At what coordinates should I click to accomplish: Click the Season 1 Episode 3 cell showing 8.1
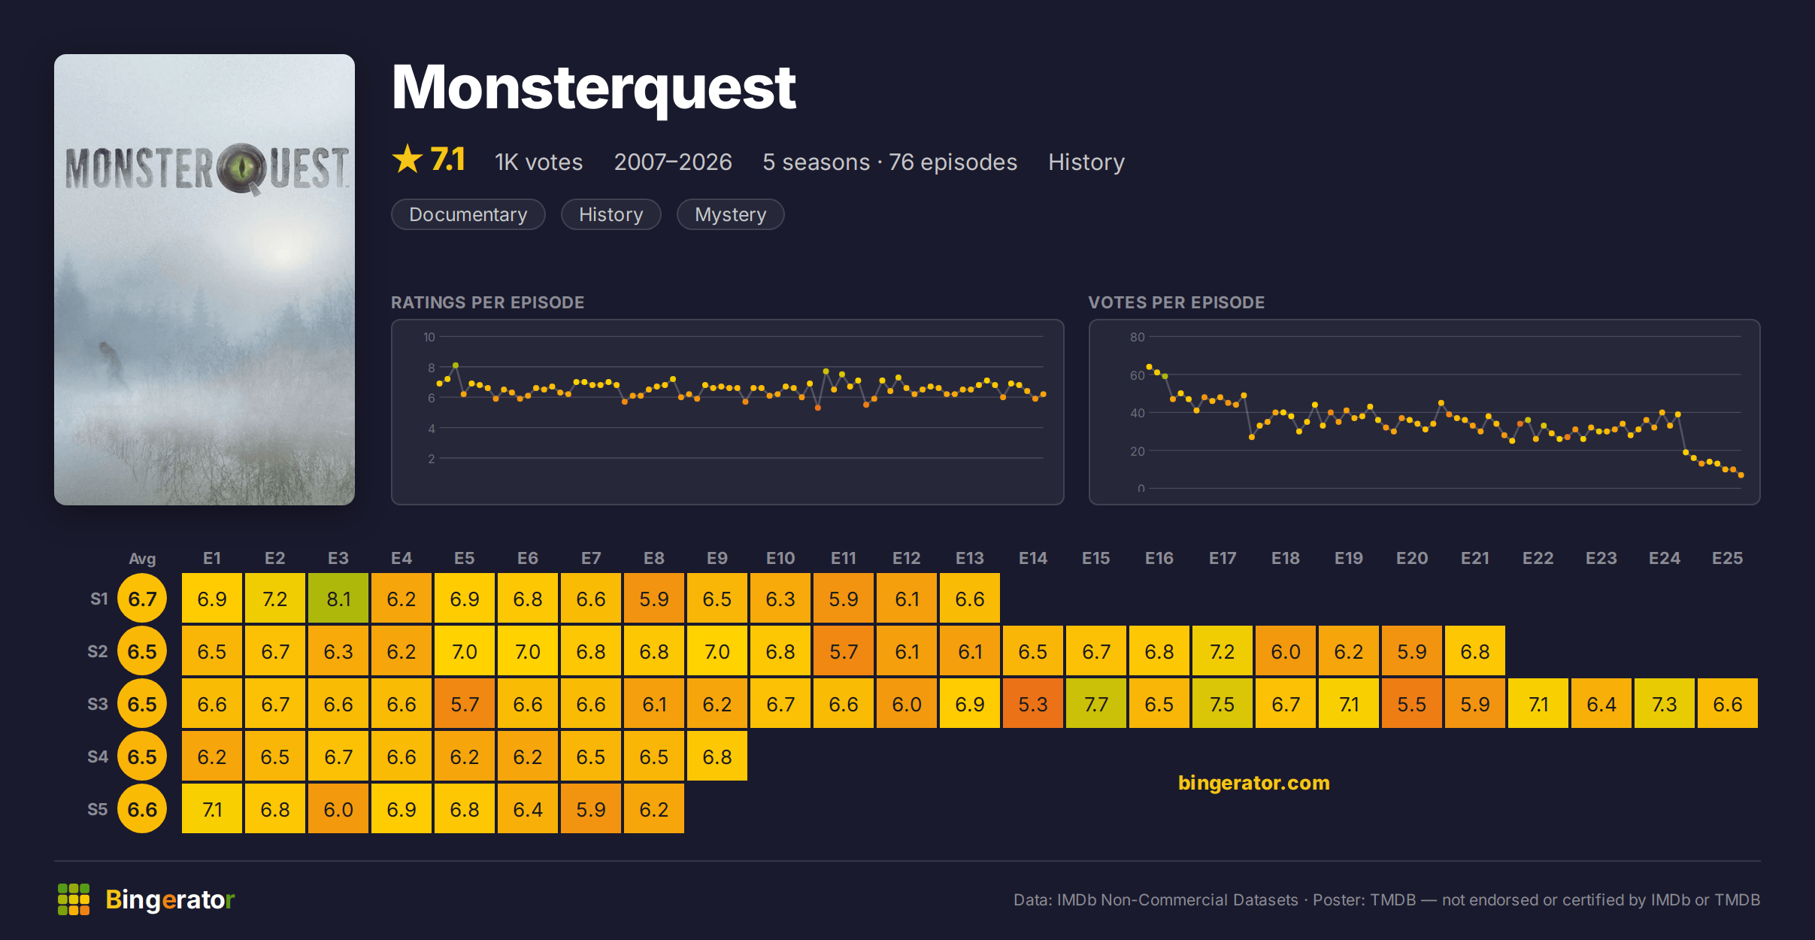(x=338, y=599)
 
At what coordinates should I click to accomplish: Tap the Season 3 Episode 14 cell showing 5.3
(x=1033, y=704)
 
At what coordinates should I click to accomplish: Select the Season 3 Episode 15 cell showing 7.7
(x=1096, y=704)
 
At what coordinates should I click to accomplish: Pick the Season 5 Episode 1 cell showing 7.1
(x=212, y=809)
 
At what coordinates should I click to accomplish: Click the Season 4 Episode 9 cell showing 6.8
(x=717, y=757)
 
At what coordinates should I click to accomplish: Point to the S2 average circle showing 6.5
(x=142, y=651)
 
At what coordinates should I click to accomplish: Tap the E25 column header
(x=1727, y=558)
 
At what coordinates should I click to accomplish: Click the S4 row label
(x=98, y=757)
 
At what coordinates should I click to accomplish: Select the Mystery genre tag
(x=730, y=214)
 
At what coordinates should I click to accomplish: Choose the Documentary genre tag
(x=468, y=214)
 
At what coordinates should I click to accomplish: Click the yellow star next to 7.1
(x=408, y=159)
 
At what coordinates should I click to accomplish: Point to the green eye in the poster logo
(x=242, y=166)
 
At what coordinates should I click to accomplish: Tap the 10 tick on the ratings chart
(x=429, y=337)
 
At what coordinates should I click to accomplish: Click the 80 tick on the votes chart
(x=1137, y=337)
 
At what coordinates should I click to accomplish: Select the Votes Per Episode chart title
(x=1176, y=302)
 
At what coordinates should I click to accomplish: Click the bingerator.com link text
(x=1253, y=783)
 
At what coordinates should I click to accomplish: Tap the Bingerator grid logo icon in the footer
(x=74, y=899)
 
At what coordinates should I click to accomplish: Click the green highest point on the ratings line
(x=456, y=365)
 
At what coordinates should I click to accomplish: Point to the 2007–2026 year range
(x=673, y=162)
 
